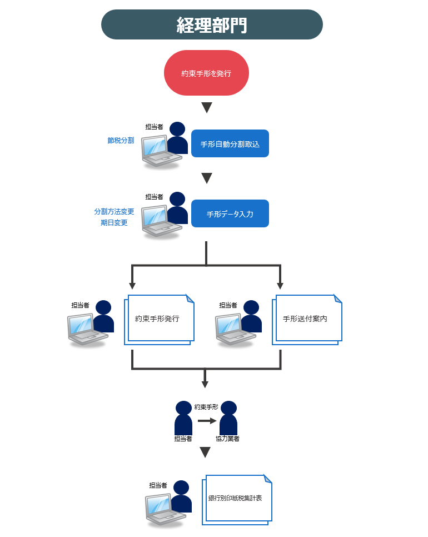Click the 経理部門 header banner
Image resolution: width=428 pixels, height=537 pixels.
(212, 24)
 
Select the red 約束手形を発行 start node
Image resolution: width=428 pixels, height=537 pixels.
(206, 73)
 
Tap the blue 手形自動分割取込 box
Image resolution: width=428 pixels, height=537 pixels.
(230, 144)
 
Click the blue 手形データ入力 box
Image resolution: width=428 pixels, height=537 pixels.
(230, 214)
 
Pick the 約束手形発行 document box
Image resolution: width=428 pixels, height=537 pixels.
(158, 319)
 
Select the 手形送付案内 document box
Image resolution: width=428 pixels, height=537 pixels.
(306, 319)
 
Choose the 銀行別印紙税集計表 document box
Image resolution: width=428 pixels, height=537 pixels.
(236, 499)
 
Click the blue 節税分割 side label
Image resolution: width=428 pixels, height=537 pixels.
(121, 141)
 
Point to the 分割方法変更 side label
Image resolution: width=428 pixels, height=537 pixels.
(114, 212)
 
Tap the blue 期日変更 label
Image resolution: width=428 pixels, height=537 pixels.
(114, 223)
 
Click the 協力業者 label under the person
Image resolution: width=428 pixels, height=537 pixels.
(228, 439)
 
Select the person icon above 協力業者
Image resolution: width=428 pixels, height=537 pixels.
(228, 417)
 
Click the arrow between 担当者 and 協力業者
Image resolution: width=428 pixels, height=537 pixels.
(207, 421)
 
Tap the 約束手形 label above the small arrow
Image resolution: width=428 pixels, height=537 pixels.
(206, 407)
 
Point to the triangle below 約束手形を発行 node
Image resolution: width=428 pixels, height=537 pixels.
(207, 108)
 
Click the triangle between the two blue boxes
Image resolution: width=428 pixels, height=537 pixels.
(207, 178)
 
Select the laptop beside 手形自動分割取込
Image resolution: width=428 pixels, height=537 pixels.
(161, 151)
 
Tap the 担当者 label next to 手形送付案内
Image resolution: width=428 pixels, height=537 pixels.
(228, 305)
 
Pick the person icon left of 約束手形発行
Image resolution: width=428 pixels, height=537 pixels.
(103, 317)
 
